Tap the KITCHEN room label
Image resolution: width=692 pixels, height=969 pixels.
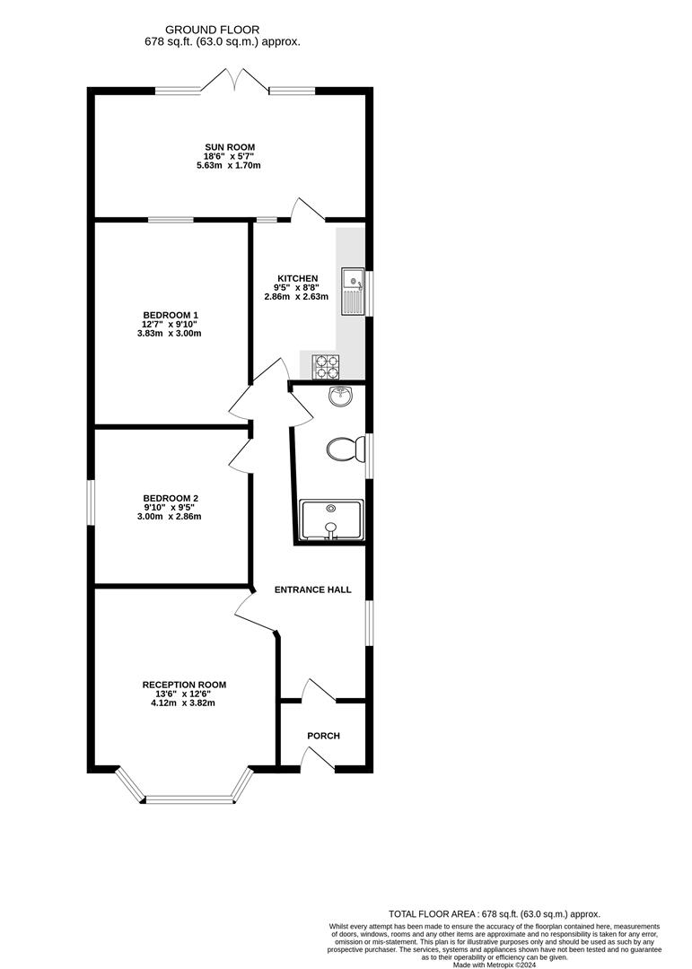point(296,278)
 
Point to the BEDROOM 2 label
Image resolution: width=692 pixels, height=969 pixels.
point(170,499)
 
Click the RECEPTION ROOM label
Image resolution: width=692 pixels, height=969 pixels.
point(184,685)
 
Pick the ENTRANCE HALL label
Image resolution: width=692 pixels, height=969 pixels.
point(313,589)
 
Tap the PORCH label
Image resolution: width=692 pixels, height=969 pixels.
point(323,736)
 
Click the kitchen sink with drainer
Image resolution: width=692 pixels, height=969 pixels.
point(353,292)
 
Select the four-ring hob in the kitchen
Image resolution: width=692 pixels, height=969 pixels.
point(325,365)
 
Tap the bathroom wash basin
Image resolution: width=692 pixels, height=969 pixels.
point(341,397)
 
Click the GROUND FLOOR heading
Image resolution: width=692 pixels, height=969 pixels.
point(223,28)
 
